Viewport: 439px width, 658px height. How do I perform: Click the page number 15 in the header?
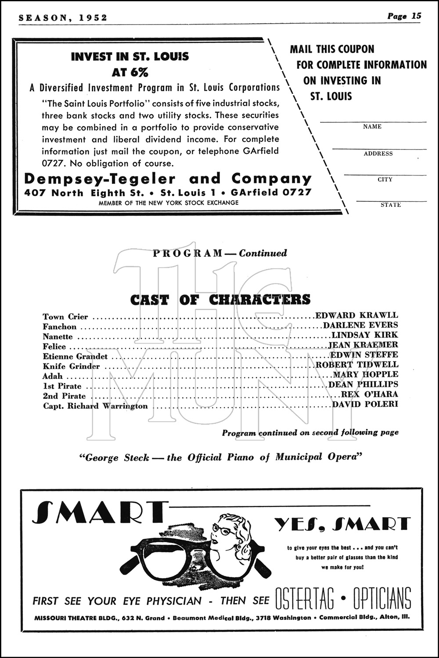[x=416, y=16]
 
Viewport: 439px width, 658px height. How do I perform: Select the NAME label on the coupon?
[x=372, y=127]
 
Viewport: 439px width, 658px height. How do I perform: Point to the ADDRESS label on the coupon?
[x=378, y=154]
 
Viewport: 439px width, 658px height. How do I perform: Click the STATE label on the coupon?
[x=391, y=205]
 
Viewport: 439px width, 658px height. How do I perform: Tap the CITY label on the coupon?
[x=385, y=179]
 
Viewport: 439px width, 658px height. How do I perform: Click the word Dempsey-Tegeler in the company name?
[x=100, y=179]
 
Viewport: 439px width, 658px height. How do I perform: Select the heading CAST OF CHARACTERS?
[x=220, y=300]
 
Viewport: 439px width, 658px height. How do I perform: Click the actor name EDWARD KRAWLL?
[x=356, y=315]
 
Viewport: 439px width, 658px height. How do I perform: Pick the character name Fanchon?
[x=60, y=327]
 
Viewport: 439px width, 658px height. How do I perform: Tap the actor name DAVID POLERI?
[x=365, y=404]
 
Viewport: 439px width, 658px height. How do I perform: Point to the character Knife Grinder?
[x=71, y=366]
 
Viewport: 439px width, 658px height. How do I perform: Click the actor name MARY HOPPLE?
[x=366, y=374]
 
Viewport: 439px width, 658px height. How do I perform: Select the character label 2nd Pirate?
[x=64, y=396]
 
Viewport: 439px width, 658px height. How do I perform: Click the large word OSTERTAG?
[x=304, y=598]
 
